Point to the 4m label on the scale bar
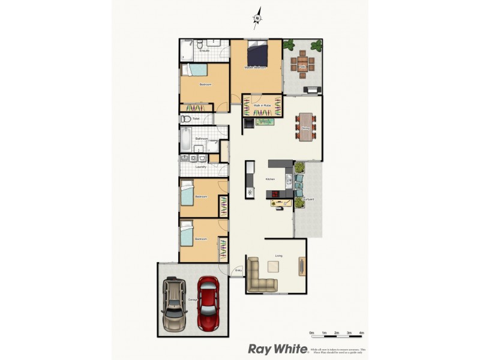361,332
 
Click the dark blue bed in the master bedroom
258,54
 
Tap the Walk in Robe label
262,105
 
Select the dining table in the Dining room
306,127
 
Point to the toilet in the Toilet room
186,119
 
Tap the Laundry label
200,166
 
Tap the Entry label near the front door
238,270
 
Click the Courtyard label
308,199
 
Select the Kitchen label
270,179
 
